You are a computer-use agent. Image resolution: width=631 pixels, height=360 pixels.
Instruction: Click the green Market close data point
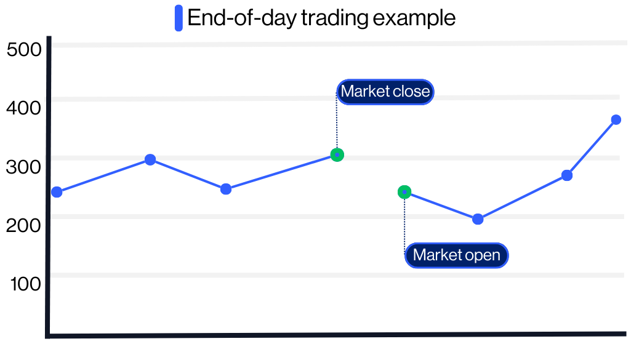[337, 154]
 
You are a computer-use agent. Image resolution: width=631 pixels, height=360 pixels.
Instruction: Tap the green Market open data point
[404, 192]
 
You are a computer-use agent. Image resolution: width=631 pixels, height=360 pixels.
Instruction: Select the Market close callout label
[385, 92]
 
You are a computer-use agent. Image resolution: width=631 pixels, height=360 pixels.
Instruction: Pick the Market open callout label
[456, 255]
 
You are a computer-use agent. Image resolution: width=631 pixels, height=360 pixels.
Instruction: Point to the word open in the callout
[482, 255]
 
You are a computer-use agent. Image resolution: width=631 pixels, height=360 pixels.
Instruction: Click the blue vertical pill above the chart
[179, 18]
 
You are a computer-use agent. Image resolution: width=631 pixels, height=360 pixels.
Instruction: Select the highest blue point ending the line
[616, 119]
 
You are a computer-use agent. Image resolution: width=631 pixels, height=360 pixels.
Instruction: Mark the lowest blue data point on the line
[478, 219]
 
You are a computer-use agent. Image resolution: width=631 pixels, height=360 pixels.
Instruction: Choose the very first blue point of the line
[57, 192]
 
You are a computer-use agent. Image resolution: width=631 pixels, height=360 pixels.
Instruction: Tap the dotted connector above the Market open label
[404, 222]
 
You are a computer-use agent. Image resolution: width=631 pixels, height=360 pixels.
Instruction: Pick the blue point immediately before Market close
[226, 189]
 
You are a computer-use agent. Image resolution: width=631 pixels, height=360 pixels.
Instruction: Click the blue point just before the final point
[567, 175]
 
